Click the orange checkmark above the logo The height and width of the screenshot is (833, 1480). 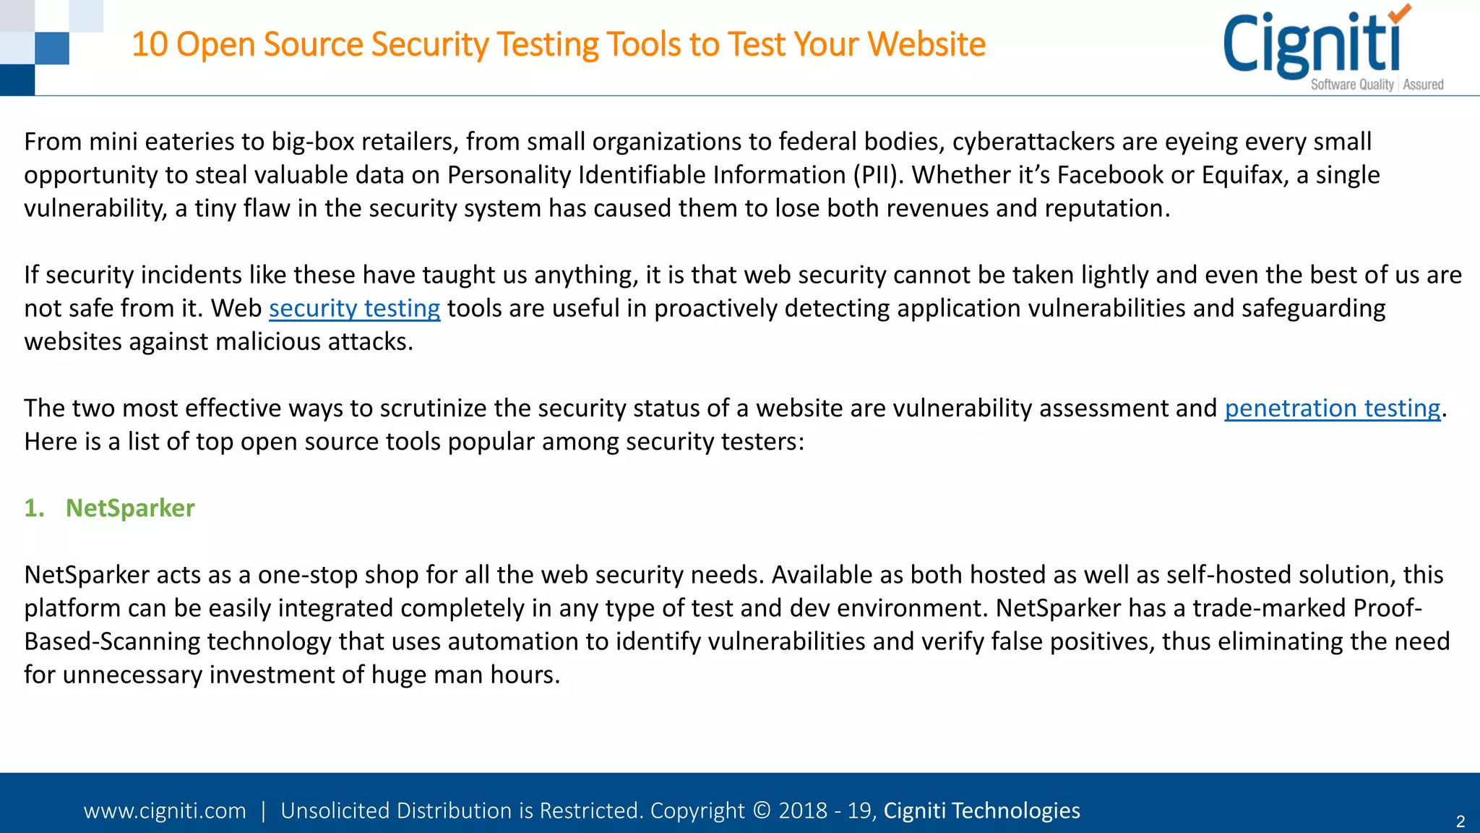coord(1399,13)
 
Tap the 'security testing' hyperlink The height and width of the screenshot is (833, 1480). coord(354,309)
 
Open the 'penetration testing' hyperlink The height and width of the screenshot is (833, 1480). coord(1332,409)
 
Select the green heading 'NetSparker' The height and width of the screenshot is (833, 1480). coord(130,508)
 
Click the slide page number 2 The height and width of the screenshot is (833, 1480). coord(1460,821)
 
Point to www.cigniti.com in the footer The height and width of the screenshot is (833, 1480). coord(165,811)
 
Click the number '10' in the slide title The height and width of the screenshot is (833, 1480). coord(150,44)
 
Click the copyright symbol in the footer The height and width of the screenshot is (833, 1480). coord(762,811)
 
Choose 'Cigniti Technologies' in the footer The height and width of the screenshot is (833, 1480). coord(981,811)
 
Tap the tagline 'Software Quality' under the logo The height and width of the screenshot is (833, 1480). coord(1351,85)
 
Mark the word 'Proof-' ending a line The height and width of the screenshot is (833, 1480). coord(1387,608)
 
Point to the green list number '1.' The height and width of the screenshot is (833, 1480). coord(34,508)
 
